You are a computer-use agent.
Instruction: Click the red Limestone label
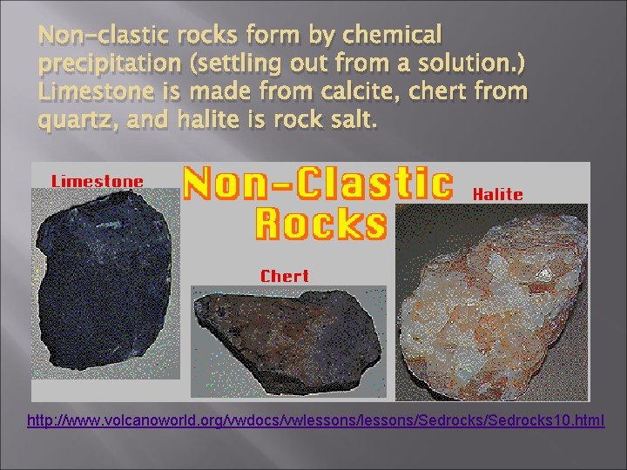[97, 181]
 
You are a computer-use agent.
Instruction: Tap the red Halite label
[498, 194]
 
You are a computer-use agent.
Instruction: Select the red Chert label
[285, 276]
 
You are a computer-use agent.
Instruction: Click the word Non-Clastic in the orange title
[318, 185]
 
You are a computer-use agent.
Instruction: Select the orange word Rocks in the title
[320, 224]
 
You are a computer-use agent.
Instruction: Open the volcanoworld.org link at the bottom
[315, 421]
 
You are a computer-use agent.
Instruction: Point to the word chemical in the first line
[393, 37]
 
